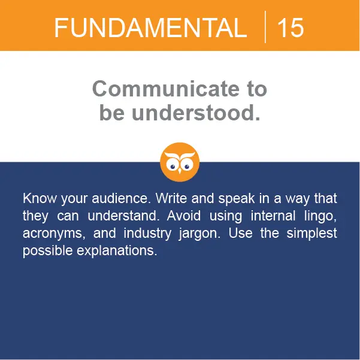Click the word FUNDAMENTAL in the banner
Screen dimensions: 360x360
(x=150, y=28)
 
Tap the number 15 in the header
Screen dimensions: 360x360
(x=291, y=28)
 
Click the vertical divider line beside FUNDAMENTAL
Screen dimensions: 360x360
(x=265, y=27)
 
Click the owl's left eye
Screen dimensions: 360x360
(x=173, y=167)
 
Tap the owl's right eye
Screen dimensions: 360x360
(x=187, y=167)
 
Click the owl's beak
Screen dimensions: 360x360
(x=180, y=171)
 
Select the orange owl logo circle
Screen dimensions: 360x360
(x=180, y=162)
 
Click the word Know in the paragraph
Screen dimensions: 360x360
(x=40, y=198)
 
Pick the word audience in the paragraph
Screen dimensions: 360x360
(x=121, y=198)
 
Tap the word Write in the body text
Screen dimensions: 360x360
(x=171, y=198)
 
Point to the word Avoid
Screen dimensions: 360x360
(x=184, y=216)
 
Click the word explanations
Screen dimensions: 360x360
(x=117, y=251)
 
